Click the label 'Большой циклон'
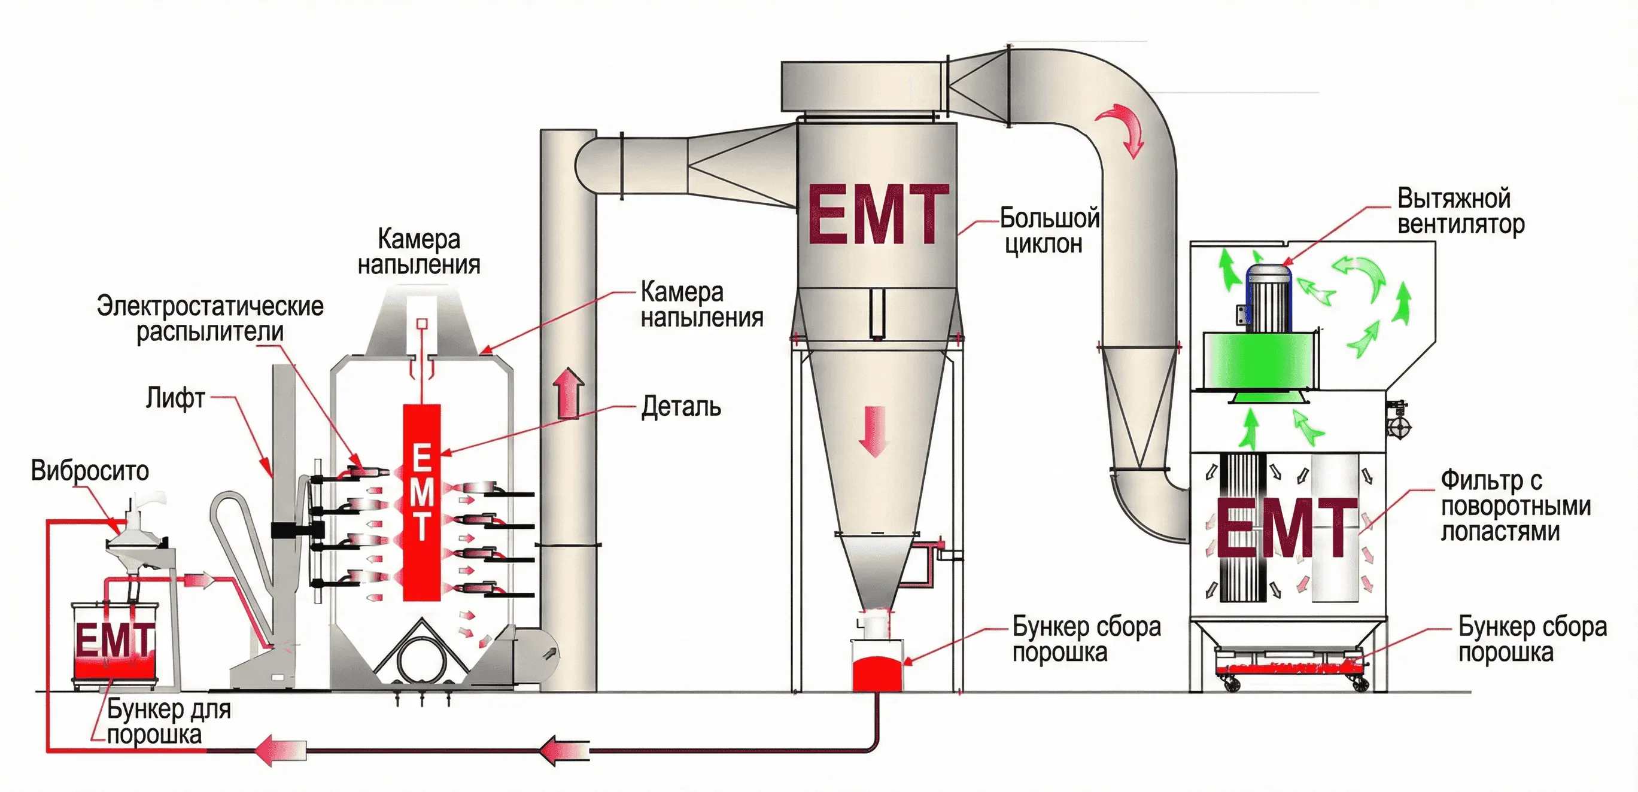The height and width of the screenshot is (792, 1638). [x=1049, y=230]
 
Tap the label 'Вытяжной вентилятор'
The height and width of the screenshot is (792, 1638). [x=1460, y=211]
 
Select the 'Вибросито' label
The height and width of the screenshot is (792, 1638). [x=90, y=471]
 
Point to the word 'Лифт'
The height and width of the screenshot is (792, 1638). [x=175, y=398]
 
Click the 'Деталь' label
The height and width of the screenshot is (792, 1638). [x=681, y=407]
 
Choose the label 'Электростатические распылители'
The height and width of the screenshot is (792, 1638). [x=210, y=318]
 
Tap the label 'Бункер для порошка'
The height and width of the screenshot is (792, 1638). [x=168, y=721]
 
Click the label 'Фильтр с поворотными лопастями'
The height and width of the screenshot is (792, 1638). [x=1515, y=506]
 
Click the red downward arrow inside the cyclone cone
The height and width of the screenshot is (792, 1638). [x=875, y=431]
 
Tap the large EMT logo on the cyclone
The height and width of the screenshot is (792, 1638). [x=878, y=214]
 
